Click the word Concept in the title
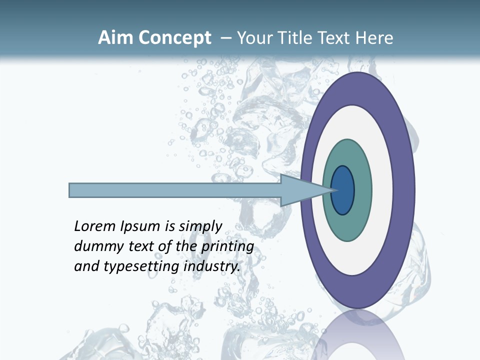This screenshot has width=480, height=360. click(175, 38)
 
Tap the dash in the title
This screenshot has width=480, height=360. click(225, 38)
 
